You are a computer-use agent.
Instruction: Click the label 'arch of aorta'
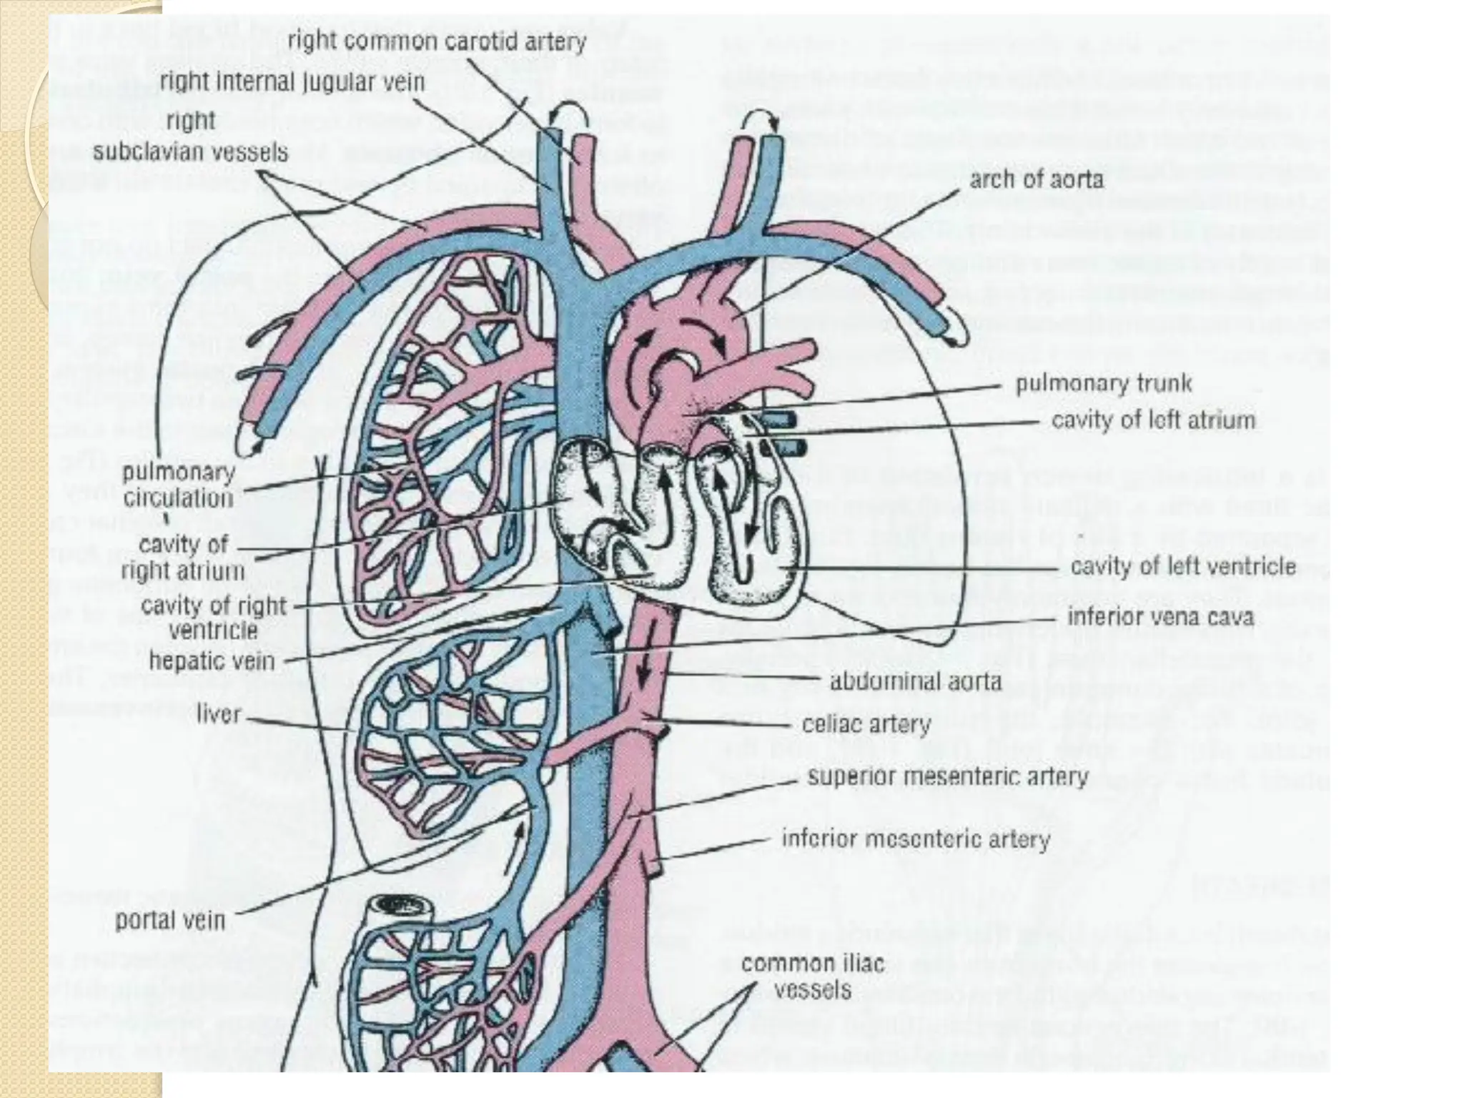coord(1036,179)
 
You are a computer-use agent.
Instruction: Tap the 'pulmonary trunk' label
coord(1104,385)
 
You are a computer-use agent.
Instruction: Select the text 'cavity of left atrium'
coord(1153,420)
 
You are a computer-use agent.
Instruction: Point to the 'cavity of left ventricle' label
coord(1183,567)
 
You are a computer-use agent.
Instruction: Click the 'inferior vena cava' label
coord(1160,616)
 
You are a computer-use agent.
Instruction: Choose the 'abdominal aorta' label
coord(915,681)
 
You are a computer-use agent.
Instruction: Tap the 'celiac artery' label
coord(866,726)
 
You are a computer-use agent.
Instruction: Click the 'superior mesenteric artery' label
coord(948,777)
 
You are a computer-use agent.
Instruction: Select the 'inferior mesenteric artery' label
coord(916,839)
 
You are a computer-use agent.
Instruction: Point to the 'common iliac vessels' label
coord(813,976)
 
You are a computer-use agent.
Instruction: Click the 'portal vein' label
coord(170,920)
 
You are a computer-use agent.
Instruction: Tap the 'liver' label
coord(219,714)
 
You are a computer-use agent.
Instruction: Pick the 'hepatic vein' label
coord(212,661)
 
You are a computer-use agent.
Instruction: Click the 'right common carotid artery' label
coord(436,41)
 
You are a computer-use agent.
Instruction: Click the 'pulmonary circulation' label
coord(178,485)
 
